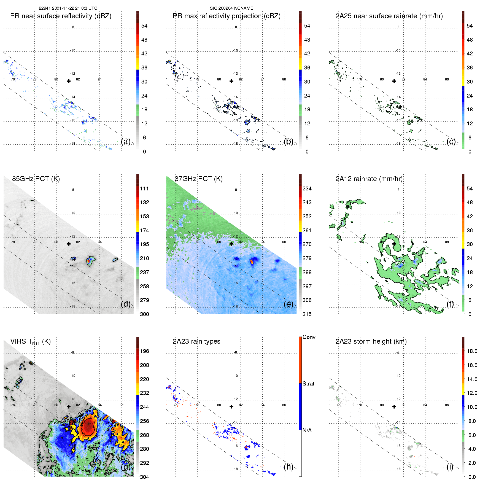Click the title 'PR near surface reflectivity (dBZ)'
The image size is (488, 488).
[61, 16]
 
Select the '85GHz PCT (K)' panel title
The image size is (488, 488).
[36, 179]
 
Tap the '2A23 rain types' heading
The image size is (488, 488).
[196, 341]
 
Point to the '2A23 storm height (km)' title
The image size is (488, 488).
[371, 341]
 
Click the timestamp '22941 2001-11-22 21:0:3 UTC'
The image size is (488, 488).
[68, 8]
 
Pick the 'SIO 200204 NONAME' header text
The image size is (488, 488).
[231, 8]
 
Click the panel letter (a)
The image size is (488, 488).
[126, 141]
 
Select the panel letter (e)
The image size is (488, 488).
[289, 304]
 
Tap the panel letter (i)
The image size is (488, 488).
[450, 467]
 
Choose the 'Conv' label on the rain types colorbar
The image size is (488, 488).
[309, 337]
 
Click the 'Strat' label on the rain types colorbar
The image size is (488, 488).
[308, 384]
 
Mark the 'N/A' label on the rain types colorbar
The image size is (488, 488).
[307, 430]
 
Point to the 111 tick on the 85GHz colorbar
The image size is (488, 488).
[144, 188]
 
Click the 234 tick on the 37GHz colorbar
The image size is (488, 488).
[307, 188]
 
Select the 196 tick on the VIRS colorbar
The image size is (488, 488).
[144, 351]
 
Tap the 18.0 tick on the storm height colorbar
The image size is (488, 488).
[472, 351]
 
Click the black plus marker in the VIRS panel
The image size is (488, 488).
[69, 406]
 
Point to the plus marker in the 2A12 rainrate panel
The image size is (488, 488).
[394, 244]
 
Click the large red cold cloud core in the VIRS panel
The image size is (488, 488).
[88, 426]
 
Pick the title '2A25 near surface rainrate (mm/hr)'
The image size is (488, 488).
[389, 16]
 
